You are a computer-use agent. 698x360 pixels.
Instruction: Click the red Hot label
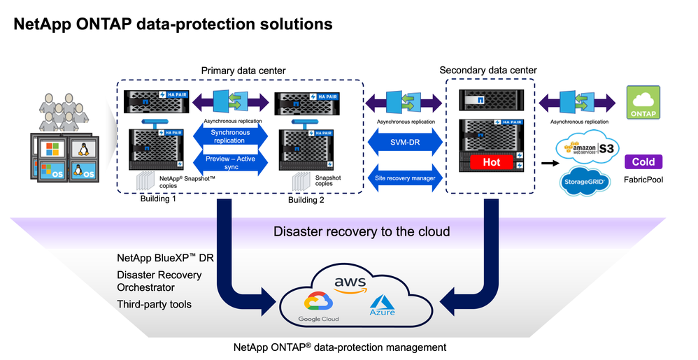click(x=490, y=162)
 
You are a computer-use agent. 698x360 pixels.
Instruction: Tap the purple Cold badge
click(x=643, y=161)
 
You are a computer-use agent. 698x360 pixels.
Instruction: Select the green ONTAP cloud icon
click(x=643, y=101)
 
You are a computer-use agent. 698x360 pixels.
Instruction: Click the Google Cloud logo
click(x=318, y=307)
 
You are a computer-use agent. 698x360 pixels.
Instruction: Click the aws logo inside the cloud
click(x=350, y=282)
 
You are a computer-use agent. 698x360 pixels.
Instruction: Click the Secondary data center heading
click(x=487, y=70)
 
